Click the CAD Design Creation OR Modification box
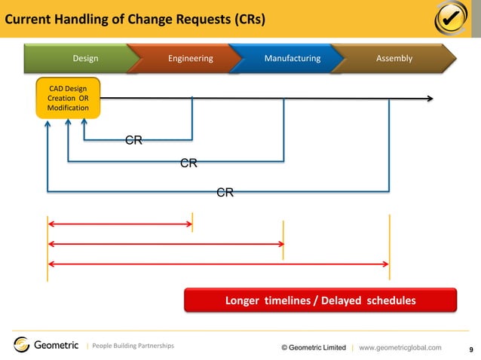pyautogui.click(x=68, y=99)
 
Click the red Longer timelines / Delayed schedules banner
pyautogui.click(x=320, y=301)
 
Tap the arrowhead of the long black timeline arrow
pyautogui.click(x=429, y=98)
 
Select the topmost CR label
pyautogui.click(x=134, y=140)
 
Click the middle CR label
pyautogui.click(x=188, y=163)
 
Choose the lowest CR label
pyautogui.click(x=225, y=193)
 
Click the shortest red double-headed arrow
pyautogui.click(x=120, y=223)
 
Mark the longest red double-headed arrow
pyautogui.click(x=218, y=264)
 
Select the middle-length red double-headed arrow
pyautogui.click(x=165, y=243)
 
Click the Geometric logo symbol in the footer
pyautogui.click(x=22, y=345)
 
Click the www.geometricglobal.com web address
pyautogui.click(x=400, y=347)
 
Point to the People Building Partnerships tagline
pyautogui.click(x=133, y=346)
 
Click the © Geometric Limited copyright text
pyautogui.click(x=313, y=347)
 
